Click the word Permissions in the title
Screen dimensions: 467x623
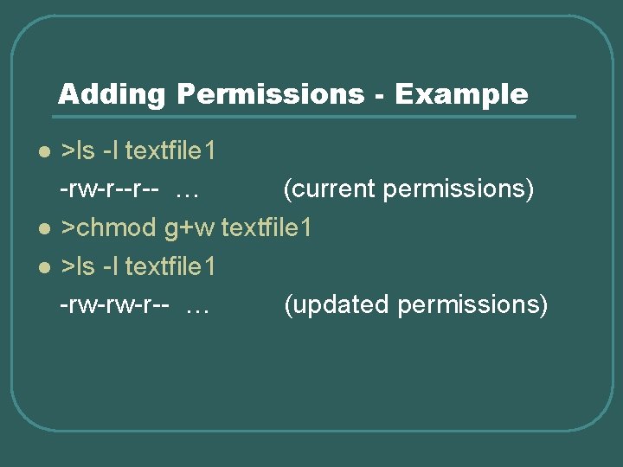click(271, 94)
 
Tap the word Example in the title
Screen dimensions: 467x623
click(461, 94)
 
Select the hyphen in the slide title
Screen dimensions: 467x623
click(380, 95)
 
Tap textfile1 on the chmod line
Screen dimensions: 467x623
click(267, 228)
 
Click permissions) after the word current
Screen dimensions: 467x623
click(458, 189)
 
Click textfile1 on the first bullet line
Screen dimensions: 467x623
click(170, 151)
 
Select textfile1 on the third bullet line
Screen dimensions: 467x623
click(170, 266)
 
